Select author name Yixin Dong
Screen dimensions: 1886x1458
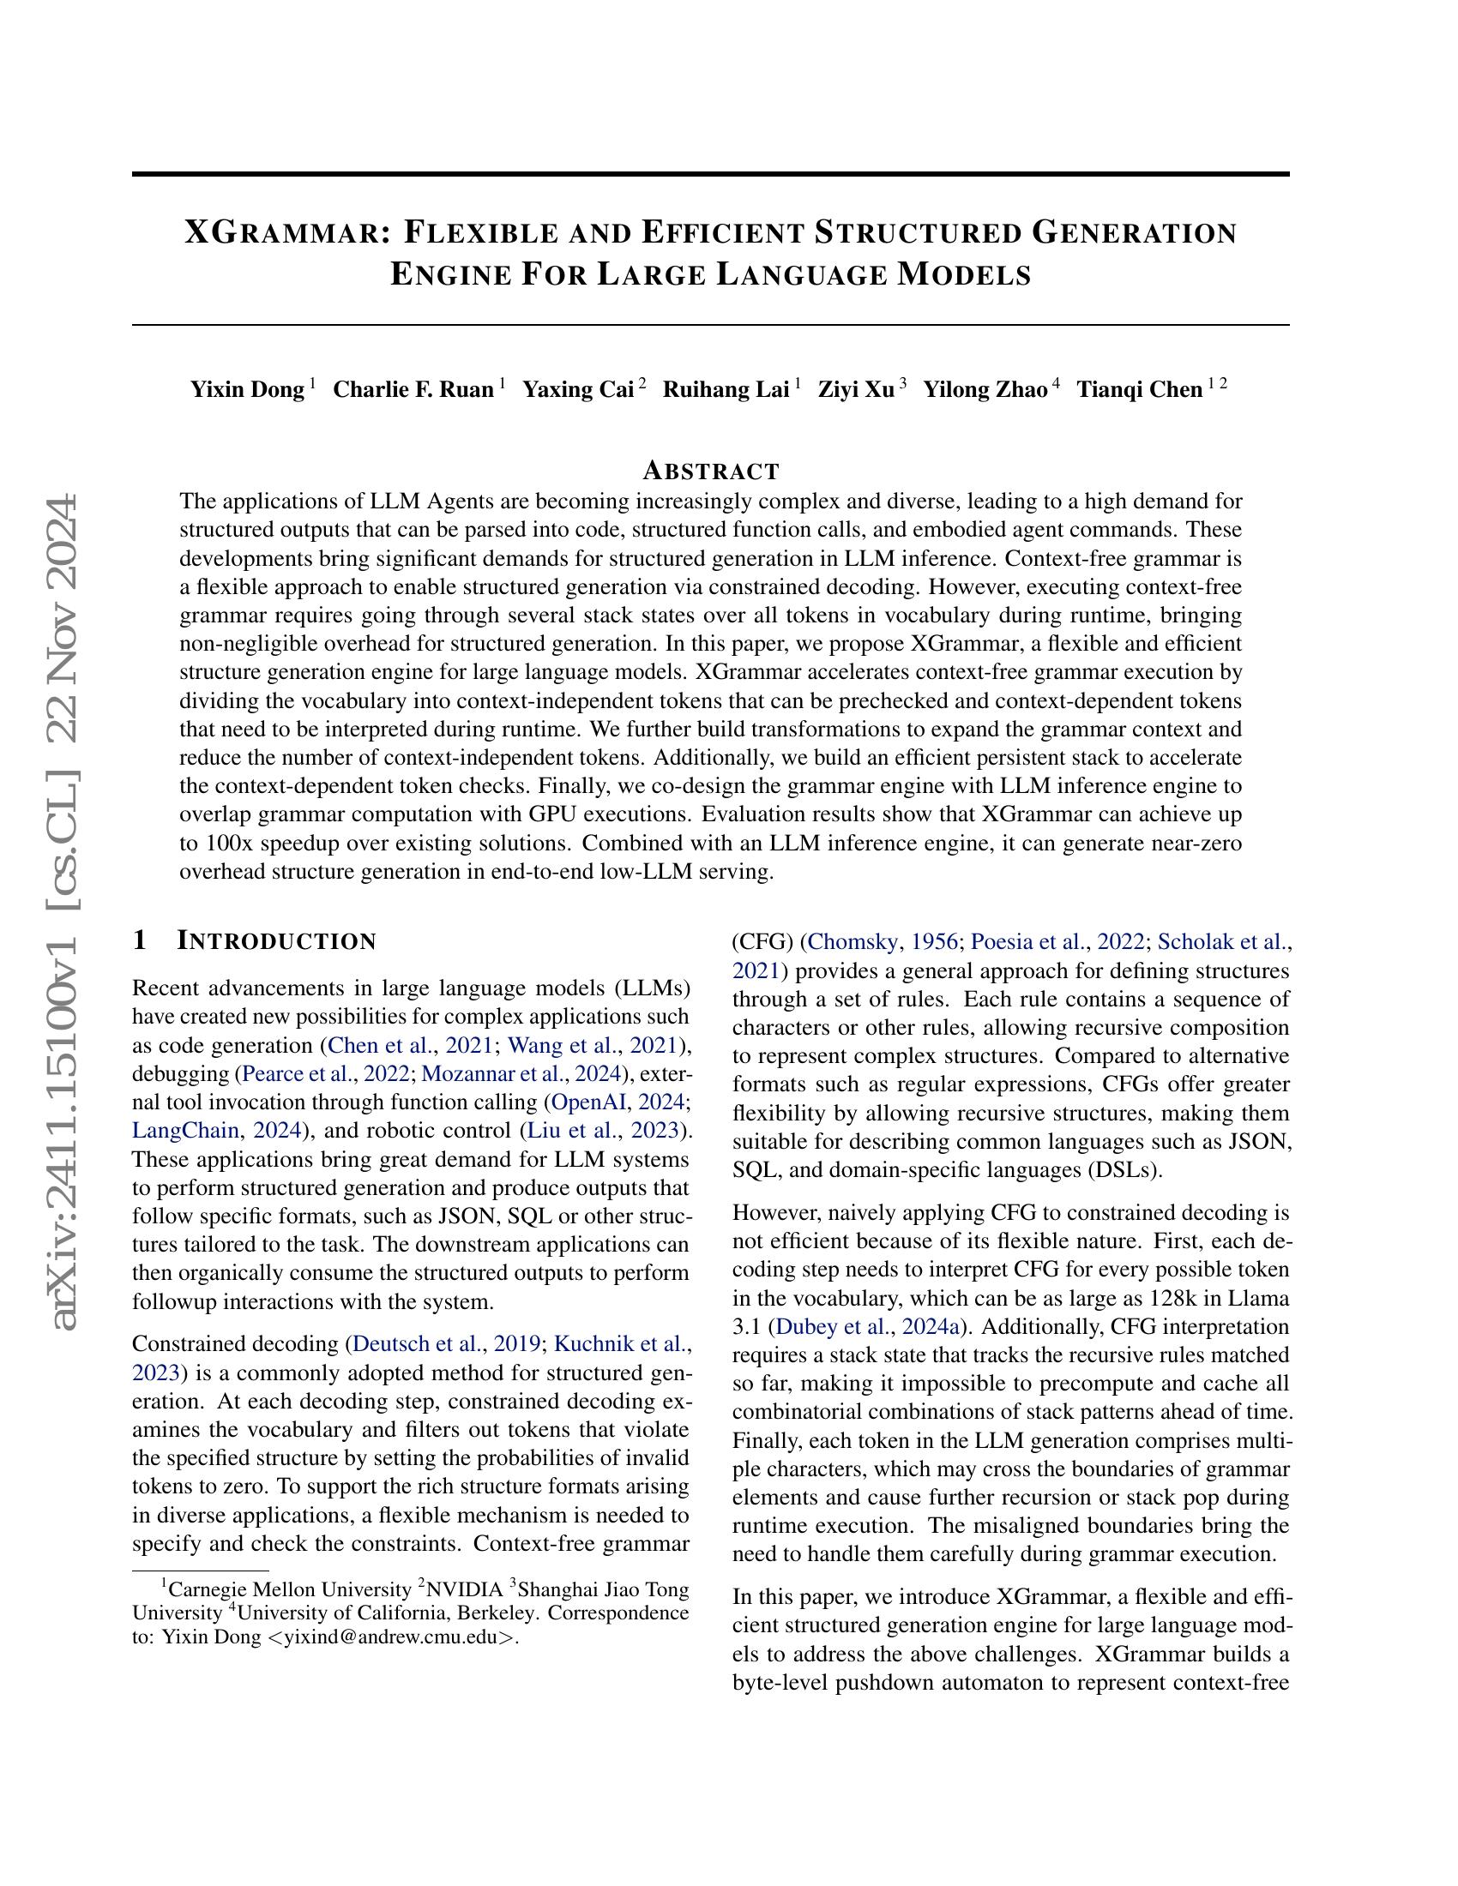click(247, 389)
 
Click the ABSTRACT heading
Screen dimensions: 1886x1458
click(711, 471)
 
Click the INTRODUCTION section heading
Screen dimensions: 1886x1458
click(276, 941)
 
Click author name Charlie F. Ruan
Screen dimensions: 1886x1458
click(413, 389)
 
